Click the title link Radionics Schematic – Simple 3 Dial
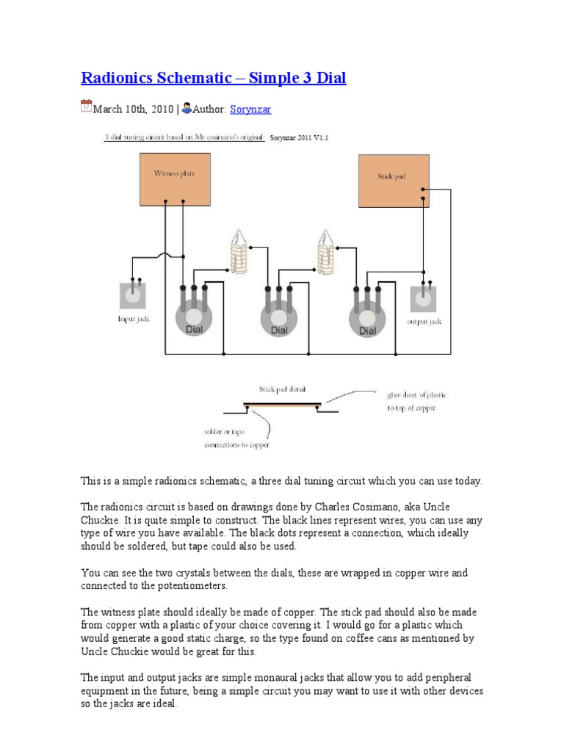point(213,79)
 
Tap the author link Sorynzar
point(250,109)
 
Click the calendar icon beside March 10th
point(86,107)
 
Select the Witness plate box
point(174,179)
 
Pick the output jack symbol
point(423,299)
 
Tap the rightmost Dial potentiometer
point(366,319)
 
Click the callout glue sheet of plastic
point(416,395)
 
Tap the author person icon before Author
point(187,108)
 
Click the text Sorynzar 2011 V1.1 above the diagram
point(300,137)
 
